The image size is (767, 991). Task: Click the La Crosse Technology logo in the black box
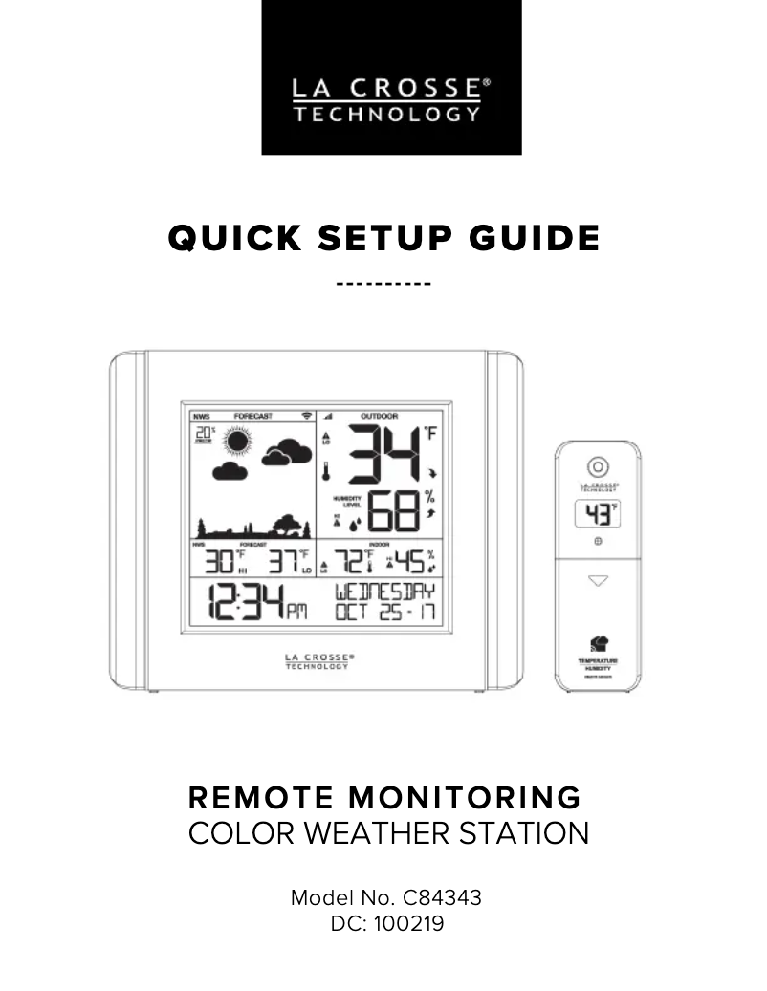(391, 100)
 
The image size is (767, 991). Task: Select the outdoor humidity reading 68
(392, 513)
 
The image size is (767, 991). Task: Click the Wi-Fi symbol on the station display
(306, 417)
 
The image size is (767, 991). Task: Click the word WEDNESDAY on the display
(383, 592)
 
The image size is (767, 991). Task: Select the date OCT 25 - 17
(383, 613)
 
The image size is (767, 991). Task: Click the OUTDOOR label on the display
(379, 417)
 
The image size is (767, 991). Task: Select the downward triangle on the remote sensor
(598, 580)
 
